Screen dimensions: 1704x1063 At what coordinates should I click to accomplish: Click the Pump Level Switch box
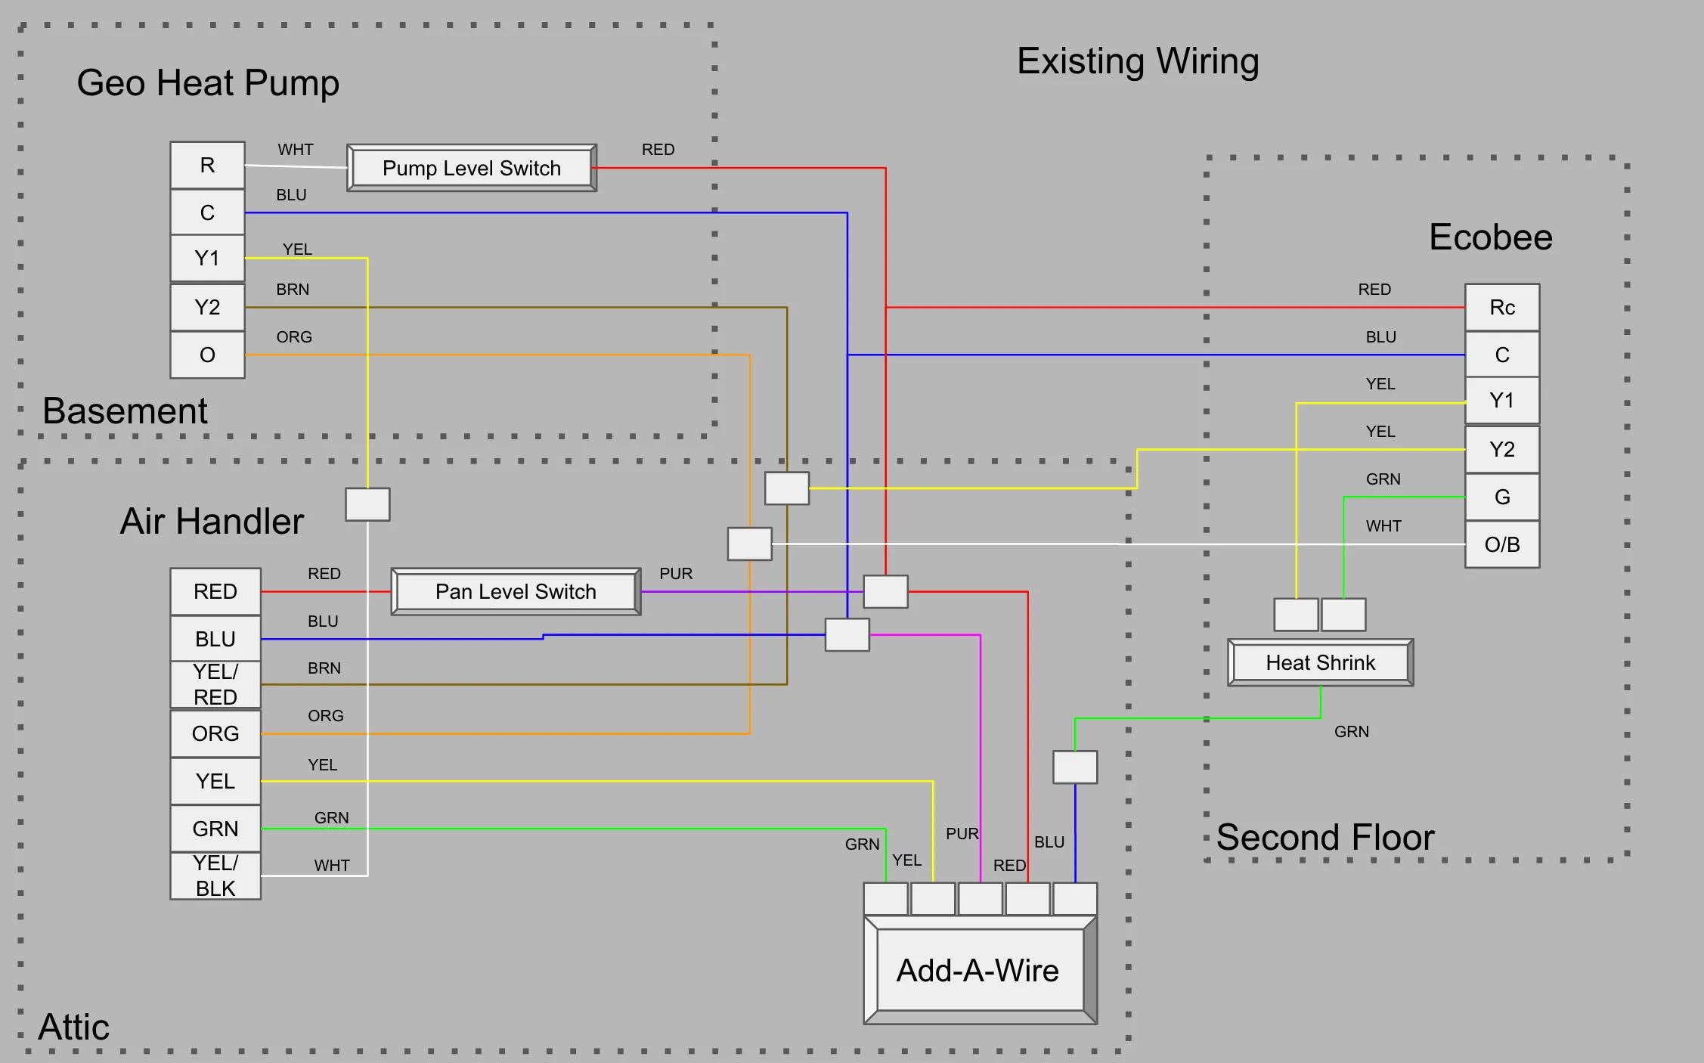(x=472, y=168)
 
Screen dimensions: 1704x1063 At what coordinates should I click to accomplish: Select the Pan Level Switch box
(x=516, y=591)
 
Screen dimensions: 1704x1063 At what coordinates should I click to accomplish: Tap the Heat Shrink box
(x=1321, y=662)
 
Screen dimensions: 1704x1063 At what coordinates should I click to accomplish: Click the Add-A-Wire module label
(x=977, y=971)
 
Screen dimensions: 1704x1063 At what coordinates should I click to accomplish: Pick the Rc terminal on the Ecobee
(x=1502, y=307)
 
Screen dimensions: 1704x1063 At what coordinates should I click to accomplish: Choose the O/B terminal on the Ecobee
(x=1502, y=544)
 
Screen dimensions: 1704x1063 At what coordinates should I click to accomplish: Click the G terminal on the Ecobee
(x=1502, y=497)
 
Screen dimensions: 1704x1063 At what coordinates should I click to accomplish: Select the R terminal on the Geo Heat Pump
(x=207, y=165)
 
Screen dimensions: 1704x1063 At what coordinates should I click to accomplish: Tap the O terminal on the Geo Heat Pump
(x=207, y=355)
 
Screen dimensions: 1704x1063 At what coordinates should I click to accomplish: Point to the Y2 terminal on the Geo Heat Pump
(x=207, y=307)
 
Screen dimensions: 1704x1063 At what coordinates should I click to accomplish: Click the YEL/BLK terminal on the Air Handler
(x=215, y=876)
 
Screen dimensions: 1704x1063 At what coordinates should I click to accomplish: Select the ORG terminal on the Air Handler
(x=215, y=733)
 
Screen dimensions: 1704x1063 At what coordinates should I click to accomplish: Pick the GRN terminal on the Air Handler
(x=215, y=829)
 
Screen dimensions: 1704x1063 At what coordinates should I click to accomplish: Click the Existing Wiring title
(x=1138, y=61)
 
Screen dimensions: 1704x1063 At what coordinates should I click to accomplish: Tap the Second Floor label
(x=1325, y=838)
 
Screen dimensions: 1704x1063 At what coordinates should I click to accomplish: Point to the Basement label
(x=125, y=411)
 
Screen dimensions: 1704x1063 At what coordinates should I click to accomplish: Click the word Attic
(x=74, y=1027)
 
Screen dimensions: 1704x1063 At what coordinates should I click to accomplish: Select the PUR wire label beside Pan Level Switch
(x=676, y=574)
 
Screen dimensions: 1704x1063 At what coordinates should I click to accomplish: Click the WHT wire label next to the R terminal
(x=296, y=150)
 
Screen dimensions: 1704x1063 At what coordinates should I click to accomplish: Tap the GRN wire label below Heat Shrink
(x=1352, y=732)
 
